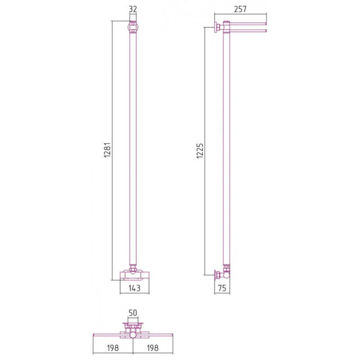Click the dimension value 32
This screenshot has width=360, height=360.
pos(133,9)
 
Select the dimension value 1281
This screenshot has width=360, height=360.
pos(107,150)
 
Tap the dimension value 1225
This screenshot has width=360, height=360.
pos(200,151)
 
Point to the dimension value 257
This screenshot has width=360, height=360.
pos(240,9)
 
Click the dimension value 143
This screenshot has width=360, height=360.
pos(134,288)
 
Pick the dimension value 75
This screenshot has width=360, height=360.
pos(222,288)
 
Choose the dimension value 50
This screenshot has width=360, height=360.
pos(133,313)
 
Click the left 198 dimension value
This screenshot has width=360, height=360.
pos(113,348)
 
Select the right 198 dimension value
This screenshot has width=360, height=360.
pos(153,348)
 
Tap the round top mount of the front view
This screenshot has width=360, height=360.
pos(133,27)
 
